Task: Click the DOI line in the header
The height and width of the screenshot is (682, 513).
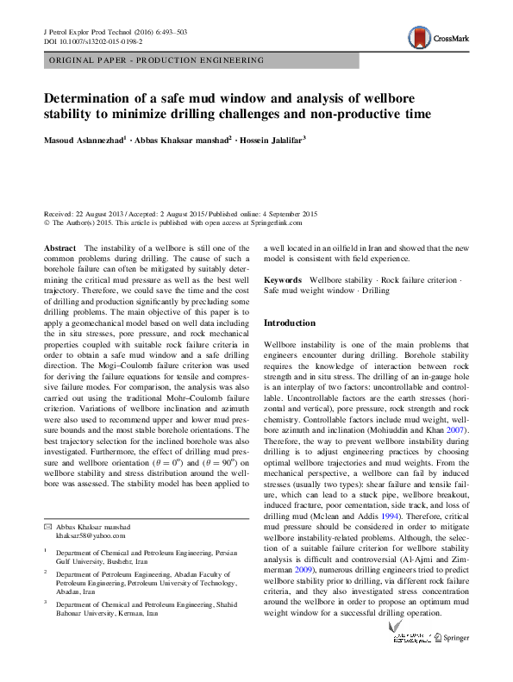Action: point(93,41)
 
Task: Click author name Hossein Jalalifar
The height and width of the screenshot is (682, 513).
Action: point(269,138)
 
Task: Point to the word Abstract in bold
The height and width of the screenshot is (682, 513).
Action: point(59,247)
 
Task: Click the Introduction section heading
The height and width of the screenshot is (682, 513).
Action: point(291,322)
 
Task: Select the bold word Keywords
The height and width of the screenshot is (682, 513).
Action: point(282,280)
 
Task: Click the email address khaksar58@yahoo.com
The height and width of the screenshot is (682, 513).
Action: point(91,535)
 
